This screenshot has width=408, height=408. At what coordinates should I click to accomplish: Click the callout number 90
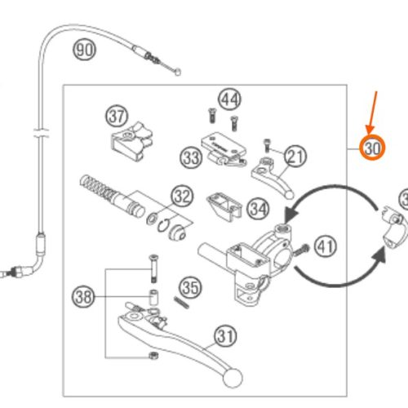84,50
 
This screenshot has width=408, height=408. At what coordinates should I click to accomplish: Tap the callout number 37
117,116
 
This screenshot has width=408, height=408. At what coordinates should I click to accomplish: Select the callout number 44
230,100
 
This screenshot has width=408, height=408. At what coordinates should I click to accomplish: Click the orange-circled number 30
372,148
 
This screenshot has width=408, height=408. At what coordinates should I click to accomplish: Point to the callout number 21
295,156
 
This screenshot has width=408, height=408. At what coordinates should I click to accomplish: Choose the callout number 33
191,157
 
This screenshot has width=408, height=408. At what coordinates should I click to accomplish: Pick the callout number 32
182,196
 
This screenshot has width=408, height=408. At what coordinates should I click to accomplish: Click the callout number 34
258,209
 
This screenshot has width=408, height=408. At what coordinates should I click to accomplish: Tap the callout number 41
326,247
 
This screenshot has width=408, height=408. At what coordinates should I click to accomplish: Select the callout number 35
190,287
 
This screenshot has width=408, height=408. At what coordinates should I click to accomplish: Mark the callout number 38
83,296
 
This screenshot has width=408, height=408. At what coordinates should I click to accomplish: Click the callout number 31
226,336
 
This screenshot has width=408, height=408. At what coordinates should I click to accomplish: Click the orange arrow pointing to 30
373,113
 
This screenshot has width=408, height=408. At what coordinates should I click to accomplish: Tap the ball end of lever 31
233,378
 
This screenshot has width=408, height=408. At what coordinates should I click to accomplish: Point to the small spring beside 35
181,302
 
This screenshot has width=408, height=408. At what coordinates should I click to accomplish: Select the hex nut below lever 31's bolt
154,355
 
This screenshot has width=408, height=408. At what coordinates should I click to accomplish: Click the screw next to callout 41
301,250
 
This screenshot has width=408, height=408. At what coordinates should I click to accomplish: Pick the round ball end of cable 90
178,72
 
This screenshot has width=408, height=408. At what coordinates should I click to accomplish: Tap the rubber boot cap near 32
177,233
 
